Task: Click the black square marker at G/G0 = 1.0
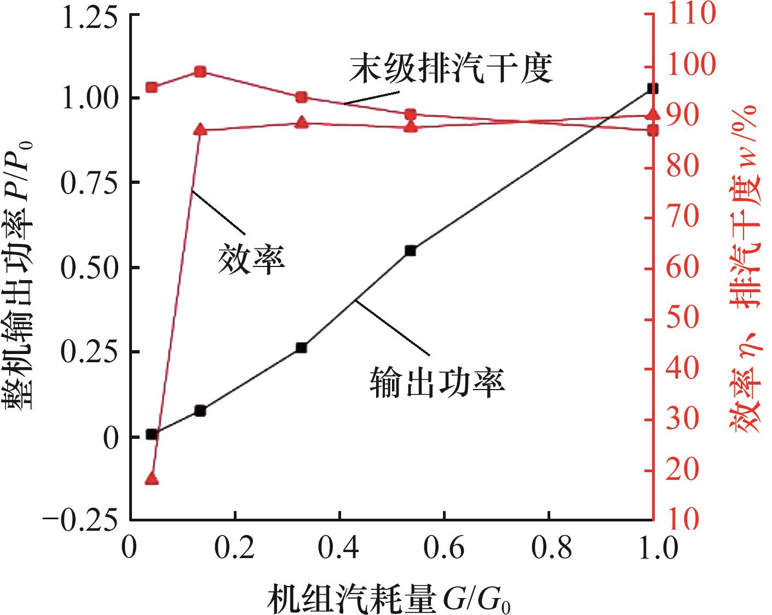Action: (652, 88)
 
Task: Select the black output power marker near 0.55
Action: (411, 251)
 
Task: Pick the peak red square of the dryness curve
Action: (200, 72)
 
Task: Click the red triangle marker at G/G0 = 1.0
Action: (652, 114)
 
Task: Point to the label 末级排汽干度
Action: (451, 68)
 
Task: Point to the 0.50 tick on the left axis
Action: (90, 268)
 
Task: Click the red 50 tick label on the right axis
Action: (682, 318)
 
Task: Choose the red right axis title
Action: (745, 268)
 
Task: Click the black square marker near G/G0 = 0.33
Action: (301, 347)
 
